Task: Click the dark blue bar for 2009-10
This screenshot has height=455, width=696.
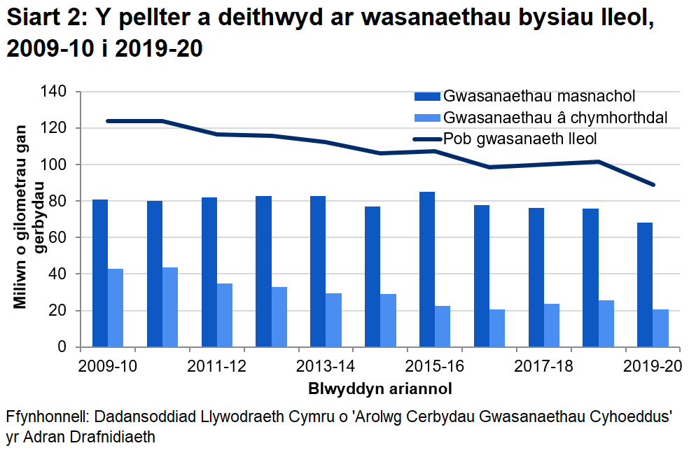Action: [100, 273]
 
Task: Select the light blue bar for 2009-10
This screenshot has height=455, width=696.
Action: [116, 308]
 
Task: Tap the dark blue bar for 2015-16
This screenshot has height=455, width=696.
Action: [427, 269]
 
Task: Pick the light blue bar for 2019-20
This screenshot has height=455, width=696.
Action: [661, 328]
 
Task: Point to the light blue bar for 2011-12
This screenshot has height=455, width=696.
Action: [225, 315]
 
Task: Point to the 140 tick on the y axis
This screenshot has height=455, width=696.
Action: [54, 92]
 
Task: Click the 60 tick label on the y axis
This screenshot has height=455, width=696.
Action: [58, 238]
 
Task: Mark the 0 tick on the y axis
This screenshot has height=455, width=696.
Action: [62, 347]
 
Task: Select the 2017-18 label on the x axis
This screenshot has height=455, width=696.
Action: [544, 366]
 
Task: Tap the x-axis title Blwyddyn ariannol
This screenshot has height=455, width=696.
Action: [379, 387]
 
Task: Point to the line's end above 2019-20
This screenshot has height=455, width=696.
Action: [653, 185]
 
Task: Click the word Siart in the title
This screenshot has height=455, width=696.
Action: [33, 20]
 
